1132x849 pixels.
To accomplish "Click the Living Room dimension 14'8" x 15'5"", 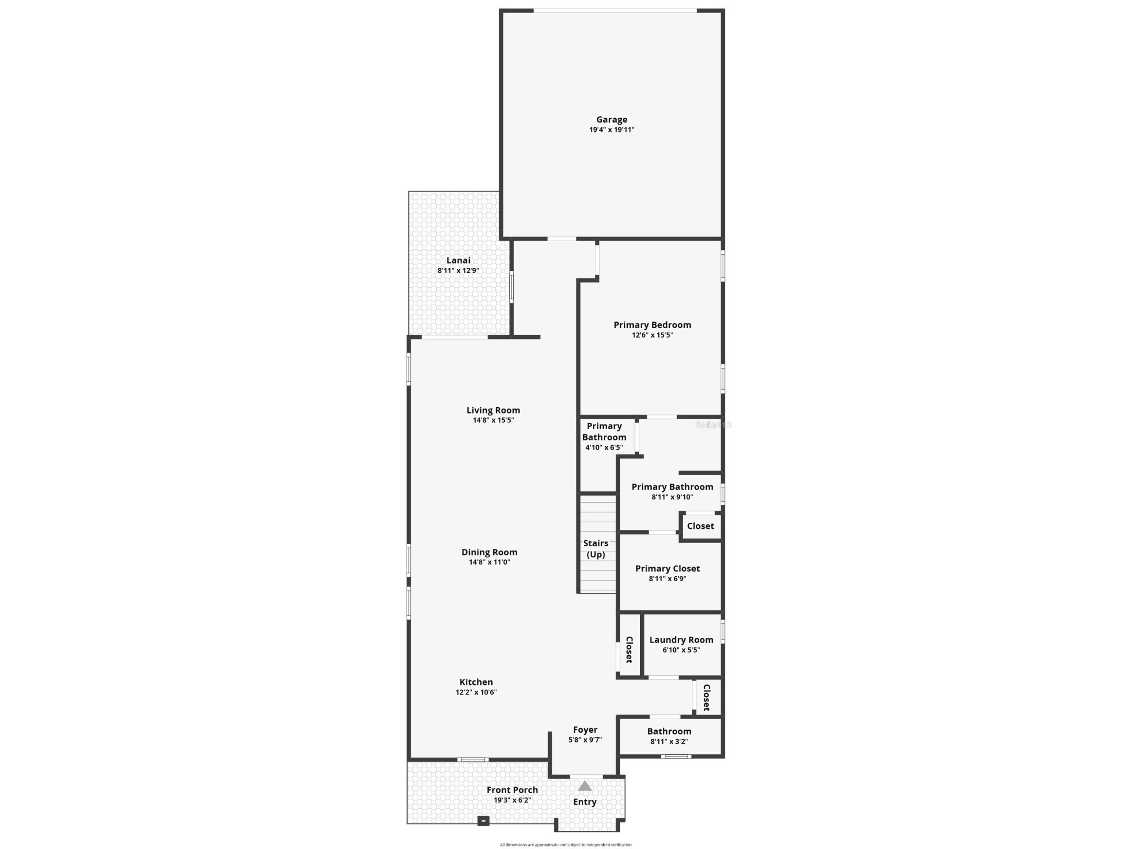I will click(x=493, y=420).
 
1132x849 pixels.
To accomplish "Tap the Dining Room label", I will click(x=489, y=552).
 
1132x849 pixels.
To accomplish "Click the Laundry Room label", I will click(x=681, y=640).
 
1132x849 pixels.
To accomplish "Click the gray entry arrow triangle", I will click(x=585, y=786).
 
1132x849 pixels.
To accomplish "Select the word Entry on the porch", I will click(x=584, y=802).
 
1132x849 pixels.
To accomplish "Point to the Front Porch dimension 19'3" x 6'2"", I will click(x=512, y=800).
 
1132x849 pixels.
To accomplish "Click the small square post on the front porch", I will click(x=483, y=821).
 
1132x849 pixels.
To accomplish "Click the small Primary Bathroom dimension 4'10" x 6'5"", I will click(x=604, y=447).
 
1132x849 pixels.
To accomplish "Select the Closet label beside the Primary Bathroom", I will click(x=700, y=526).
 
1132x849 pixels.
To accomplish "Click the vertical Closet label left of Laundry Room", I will click(x=629, y=649).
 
